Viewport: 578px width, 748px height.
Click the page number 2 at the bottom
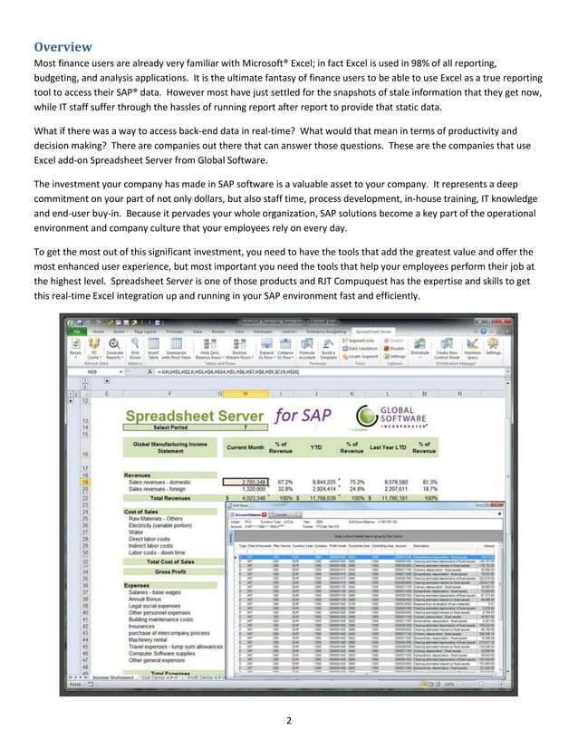pos(289,722)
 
